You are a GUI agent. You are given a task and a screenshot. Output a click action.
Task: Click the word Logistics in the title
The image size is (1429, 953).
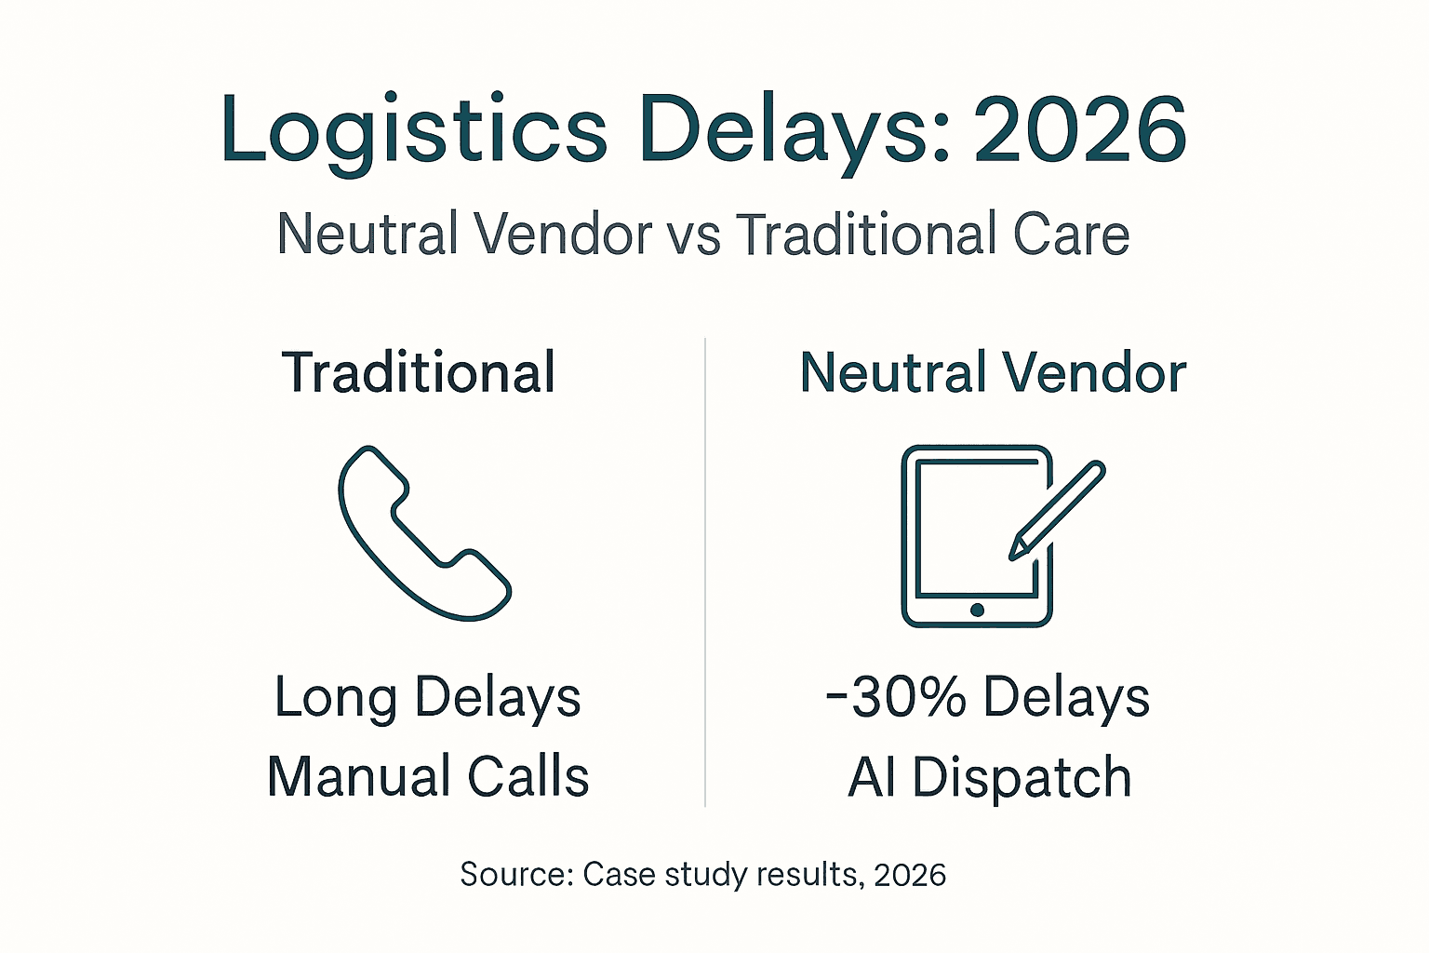(414, 130)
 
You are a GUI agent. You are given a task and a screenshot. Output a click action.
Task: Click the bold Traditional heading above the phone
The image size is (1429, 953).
(419, 372)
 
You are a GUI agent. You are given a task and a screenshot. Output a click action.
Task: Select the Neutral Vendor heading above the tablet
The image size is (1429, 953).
(993, 372)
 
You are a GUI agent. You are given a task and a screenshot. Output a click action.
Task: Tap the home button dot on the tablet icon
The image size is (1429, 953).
(977, 610)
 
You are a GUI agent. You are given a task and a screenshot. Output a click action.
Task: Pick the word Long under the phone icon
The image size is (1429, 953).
(336, 698)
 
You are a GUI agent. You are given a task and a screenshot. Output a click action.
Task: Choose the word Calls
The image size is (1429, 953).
(528, 777)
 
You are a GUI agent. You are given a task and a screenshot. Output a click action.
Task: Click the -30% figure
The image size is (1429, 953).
(896, 697)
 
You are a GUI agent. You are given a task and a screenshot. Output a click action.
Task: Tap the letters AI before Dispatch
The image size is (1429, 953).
(871, 777)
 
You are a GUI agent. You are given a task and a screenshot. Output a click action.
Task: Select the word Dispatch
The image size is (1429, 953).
(1021, 777)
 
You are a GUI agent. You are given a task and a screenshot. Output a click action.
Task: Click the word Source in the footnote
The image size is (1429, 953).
(516, 875)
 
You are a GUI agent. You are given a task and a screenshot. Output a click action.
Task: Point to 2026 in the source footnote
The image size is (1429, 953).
(910, 875)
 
